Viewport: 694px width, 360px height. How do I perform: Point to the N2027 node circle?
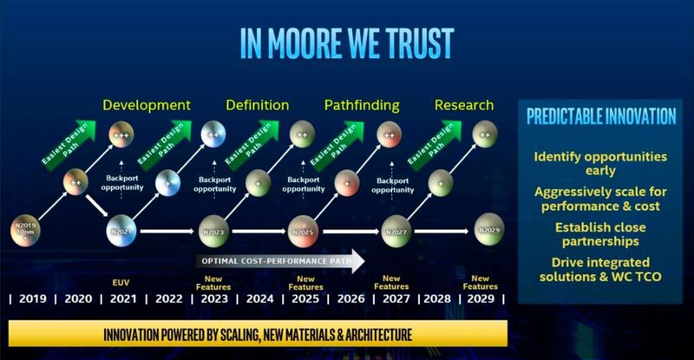(393, 232)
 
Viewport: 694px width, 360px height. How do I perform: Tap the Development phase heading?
(147, 105)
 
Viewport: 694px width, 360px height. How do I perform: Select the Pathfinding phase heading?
(362, 105)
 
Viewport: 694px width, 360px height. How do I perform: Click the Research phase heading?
(463, 105)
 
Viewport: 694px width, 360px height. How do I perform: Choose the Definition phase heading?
(257, 105)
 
